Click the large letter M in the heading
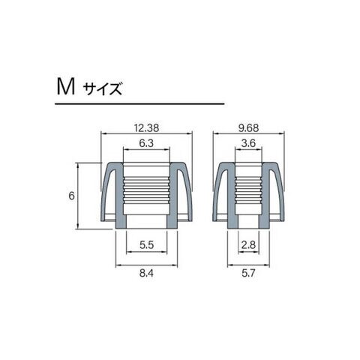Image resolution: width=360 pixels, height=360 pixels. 66,87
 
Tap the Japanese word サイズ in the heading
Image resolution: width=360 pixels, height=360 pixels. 103,89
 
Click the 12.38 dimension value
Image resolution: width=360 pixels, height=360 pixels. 146,128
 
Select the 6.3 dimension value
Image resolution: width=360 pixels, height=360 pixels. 146,143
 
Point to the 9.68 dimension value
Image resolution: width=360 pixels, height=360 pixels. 249,128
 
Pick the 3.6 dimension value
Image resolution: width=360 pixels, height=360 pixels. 248,143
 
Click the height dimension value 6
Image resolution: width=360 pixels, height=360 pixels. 72,196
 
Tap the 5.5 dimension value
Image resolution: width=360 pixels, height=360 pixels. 146,245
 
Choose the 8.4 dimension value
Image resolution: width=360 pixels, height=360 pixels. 146,273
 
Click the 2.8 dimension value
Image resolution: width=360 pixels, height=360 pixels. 248,245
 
